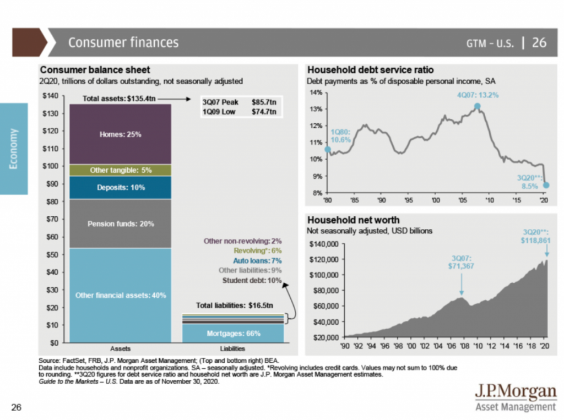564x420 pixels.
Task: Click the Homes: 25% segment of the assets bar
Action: click(121, 134)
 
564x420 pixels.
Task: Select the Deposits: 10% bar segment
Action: click(121, 188)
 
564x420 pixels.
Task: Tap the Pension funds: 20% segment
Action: click(121, 224)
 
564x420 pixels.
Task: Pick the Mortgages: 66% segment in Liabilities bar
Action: click(233, 333)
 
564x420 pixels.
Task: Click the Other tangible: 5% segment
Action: click(121, 170)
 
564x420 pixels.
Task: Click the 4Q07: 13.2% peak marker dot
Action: click(477, 106)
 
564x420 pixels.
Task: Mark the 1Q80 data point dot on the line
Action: click(328, 149)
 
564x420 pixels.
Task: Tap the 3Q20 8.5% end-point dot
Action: click(546, 185)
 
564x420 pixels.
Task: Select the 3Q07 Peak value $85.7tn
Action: click(264, 102)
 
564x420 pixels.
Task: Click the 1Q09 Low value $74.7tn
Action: click(264, 112)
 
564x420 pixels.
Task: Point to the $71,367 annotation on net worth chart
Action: click(462, 266)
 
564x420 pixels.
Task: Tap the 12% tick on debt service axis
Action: click(314, 126)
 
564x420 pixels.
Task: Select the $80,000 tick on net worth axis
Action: click(324, 290)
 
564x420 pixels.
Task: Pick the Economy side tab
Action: click(13, 149)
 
